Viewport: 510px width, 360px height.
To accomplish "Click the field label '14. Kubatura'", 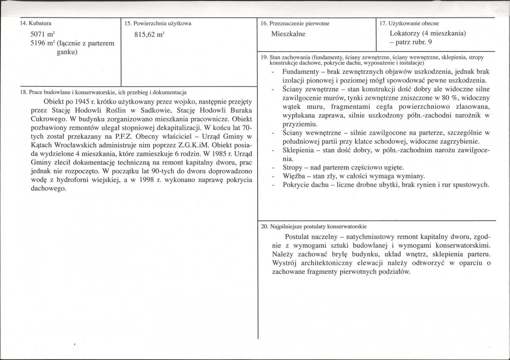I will point(33,23).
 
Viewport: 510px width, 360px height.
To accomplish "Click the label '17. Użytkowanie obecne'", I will point(409,23).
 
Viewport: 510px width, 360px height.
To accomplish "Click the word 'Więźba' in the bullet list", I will point(293,176).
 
